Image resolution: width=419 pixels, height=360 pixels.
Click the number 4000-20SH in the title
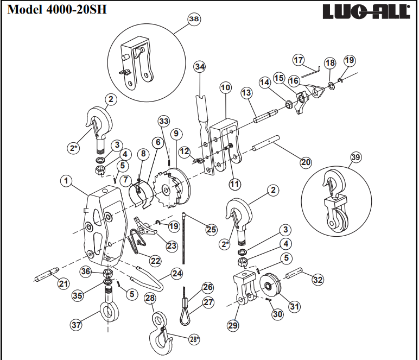click(68, 10)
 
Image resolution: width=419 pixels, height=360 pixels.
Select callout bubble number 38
click(193, 18)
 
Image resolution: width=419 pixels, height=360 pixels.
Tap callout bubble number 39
click(355, 158)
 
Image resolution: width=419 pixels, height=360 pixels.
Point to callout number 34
click(200, 66)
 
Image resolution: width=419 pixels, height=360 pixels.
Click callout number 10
click(225, 87)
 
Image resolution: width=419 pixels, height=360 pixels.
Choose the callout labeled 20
click(306, 162)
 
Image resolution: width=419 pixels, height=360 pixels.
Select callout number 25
click(211, 230)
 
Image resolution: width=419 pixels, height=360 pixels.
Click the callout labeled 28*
click(194, 339)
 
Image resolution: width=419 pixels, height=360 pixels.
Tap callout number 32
click(318, 280)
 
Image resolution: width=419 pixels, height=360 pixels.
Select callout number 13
click(246, 93)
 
